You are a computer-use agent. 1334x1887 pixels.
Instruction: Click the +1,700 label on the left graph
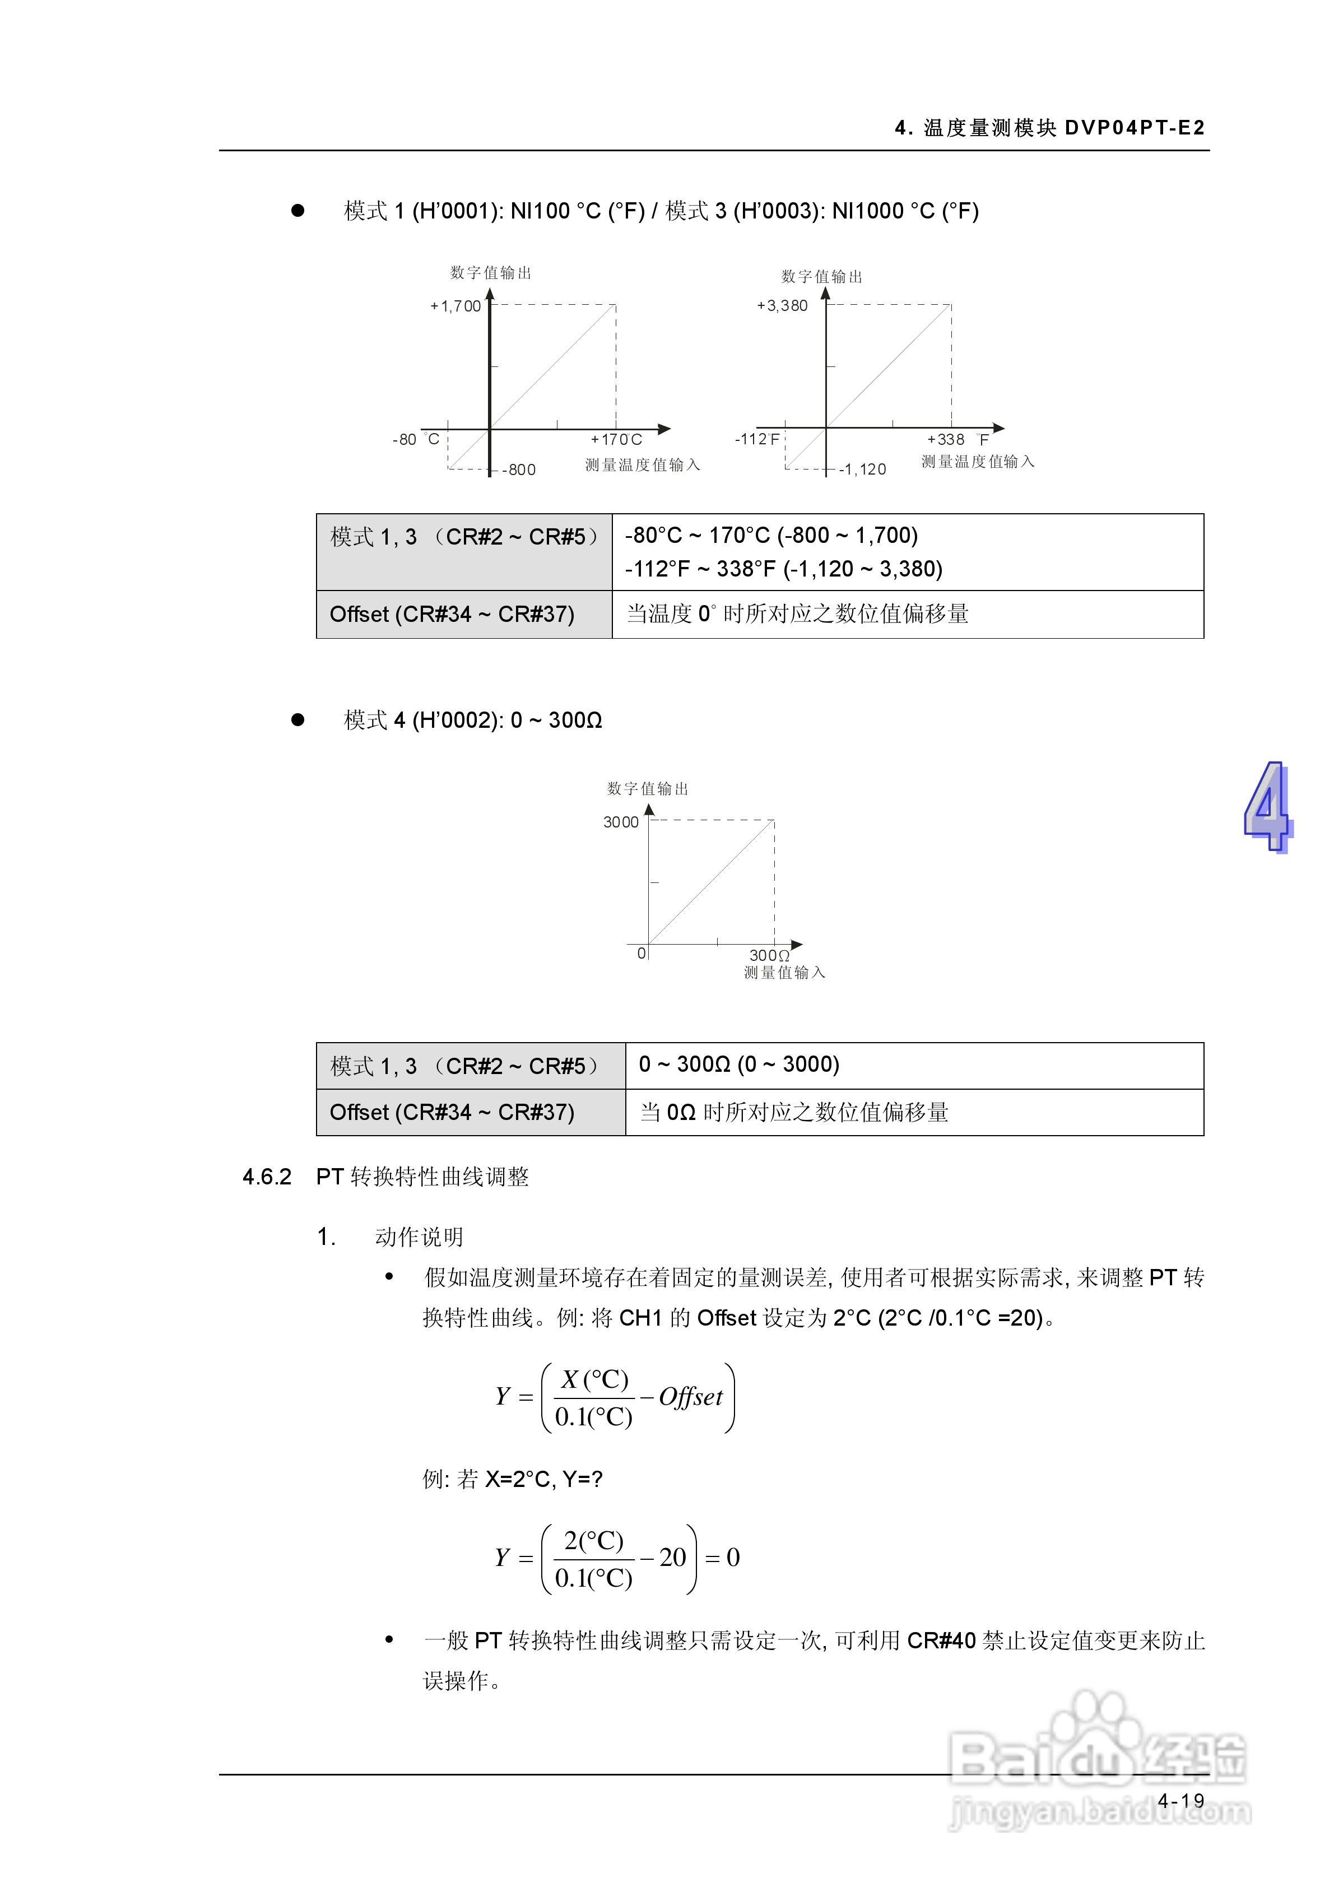(455, 306)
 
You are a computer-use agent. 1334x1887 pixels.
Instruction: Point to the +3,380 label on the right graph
(783, 306)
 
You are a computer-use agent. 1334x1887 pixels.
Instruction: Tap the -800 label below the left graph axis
(519, 470)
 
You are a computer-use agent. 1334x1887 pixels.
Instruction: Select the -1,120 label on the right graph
(863, 470)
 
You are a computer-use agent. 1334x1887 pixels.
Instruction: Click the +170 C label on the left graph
(616, 440)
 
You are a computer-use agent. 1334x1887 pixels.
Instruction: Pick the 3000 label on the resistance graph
(621, 822)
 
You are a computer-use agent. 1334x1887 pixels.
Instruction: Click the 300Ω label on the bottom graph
(769, 955)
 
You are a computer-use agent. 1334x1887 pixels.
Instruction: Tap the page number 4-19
(1181, 1801)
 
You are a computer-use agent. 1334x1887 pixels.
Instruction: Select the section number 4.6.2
(267, 1177)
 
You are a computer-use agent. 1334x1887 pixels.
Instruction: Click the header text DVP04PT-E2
(1135, 127)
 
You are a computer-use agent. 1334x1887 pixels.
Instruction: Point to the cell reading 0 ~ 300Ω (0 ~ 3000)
(739, 1065)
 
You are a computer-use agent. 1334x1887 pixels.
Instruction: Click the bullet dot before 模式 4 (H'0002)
(298, 720)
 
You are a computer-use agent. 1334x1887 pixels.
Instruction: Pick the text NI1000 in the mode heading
(867, 211)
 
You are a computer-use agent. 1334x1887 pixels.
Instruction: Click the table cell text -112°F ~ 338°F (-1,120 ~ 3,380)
(783, 569)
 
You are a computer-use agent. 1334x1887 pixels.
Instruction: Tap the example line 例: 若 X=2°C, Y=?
(512, 1479)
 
